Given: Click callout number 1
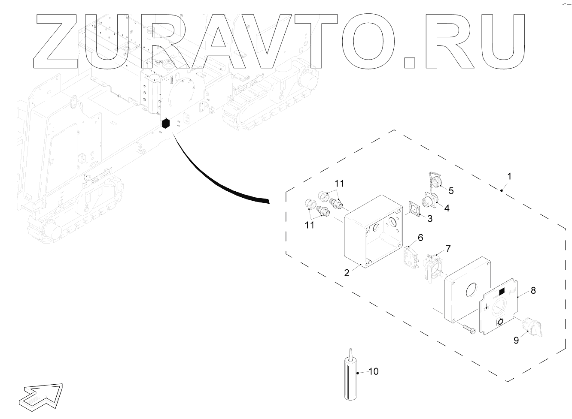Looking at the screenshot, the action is tap(509, 176).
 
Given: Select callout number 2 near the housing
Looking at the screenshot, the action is tap(347, 272).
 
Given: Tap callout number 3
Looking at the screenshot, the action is tap(429, 218).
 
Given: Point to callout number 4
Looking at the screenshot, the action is tap(447, 208).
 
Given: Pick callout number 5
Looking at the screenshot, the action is tap(451, 190).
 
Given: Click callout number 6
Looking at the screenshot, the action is tap(420, 237).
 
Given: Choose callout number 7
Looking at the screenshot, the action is tap(448, 249).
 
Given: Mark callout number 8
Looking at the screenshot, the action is tap(533, 290).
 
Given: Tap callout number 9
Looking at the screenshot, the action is tap(516, 340).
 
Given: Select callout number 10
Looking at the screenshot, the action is tap(373, 371).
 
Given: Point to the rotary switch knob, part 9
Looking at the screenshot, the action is tap(531, 327).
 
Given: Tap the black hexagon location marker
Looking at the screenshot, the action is tap(165, 124).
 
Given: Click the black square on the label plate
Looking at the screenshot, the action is tap(502, 292).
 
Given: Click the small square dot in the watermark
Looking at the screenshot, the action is tap(410, 62).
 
